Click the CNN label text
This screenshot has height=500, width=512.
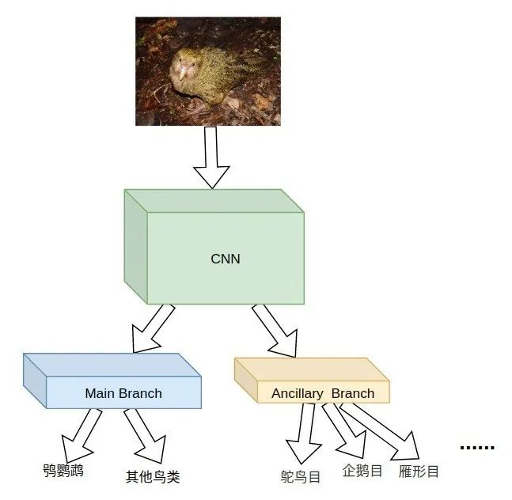pos(226,258)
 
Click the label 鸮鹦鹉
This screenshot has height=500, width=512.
pos(63,471)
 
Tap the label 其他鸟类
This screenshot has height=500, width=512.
pos(153,476)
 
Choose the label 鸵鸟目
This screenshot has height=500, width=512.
pos(301,476)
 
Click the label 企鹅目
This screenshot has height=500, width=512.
pos(362,471)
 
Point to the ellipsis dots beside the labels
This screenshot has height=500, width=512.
pos(477,448)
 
